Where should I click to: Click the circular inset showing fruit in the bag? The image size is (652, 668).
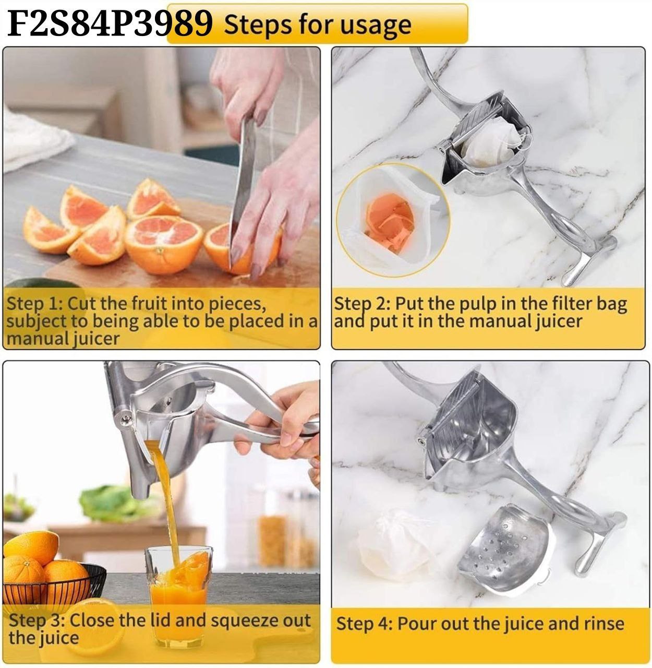[393, 220]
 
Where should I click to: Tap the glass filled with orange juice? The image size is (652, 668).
[178, 595]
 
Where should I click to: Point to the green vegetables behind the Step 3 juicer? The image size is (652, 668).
[113, 503]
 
